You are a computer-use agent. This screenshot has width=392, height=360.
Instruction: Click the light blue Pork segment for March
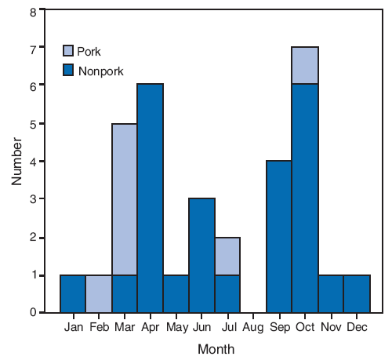[x=124, y=199]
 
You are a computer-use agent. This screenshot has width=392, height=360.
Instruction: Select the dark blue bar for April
[x=150, y=198]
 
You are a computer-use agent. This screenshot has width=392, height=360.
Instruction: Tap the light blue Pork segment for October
[x=305, y=65]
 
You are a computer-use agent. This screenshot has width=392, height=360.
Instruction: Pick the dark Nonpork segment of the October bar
[x=305, y=198]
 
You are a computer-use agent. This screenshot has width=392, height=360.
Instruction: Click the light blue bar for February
[x=98, y=293]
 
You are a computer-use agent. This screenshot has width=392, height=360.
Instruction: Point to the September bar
[x=279, y=236]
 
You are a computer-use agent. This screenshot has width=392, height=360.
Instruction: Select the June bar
[x=201, y=255]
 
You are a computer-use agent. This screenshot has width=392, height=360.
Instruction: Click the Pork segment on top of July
[x=227, y=256]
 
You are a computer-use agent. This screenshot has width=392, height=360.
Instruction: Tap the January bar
[x=72, y=293]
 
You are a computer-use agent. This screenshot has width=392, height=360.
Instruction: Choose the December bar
[x=357, y=293]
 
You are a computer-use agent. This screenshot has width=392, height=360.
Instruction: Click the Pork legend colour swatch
[x=69, y=51]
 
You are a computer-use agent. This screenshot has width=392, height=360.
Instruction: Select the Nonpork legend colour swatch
[x=69, y=71]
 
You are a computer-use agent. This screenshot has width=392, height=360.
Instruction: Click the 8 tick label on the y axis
[x=33, y=12]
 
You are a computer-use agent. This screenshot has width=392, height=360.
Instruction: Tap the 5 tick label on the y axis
[x=33, y=124]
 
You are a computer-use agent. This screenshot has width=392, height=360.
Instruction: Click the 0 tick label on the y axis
[x=33, y=312]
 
